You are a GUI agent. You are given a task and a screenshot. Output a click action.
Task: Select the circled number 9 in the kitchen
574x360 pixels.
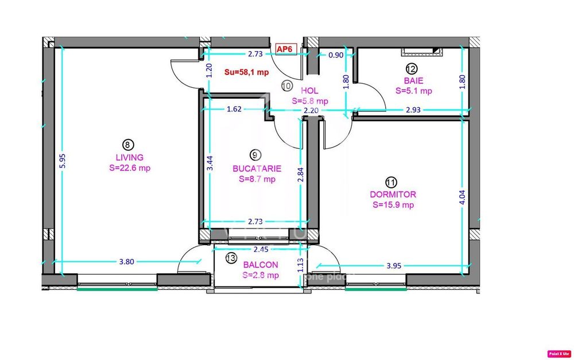[x=256, y=154]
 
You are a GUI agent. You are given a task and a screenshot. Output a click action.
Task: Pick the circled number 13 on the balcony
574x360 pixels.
[x=231, y=258]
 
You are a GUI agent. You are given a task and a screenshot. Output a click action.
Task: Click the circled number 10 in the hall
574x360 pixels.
[x=287, y=86]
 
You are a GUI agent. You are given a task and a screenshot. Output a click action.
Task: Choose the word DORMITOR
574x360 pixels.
[x=393, y=195]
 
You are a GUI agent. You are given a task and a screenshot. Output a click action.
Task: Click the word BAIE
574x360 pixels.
[x=413, y=81]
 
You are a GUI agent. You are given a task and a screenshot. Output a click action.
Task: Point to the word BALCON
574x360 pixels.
[x=261, y=265]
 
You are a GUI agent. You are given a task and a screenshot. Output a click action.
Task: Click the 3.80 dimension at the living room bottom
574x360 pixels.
[x=126, y=261]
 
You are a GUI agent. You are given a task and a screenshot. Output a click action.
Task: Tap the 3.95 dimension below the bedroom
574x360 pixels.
[x=393, y=266]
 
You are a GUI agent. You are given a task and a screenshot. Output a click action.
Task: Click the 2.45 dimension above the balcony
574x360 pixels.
[x=261, y=250]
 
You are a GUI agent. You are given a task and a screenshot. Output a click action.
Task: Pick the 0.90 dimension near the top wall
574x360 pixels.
[x=336, y=55]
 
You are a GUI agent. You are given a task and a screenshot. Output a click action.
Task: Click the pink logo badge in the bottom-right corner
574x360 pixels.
[x=555, y=354]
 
